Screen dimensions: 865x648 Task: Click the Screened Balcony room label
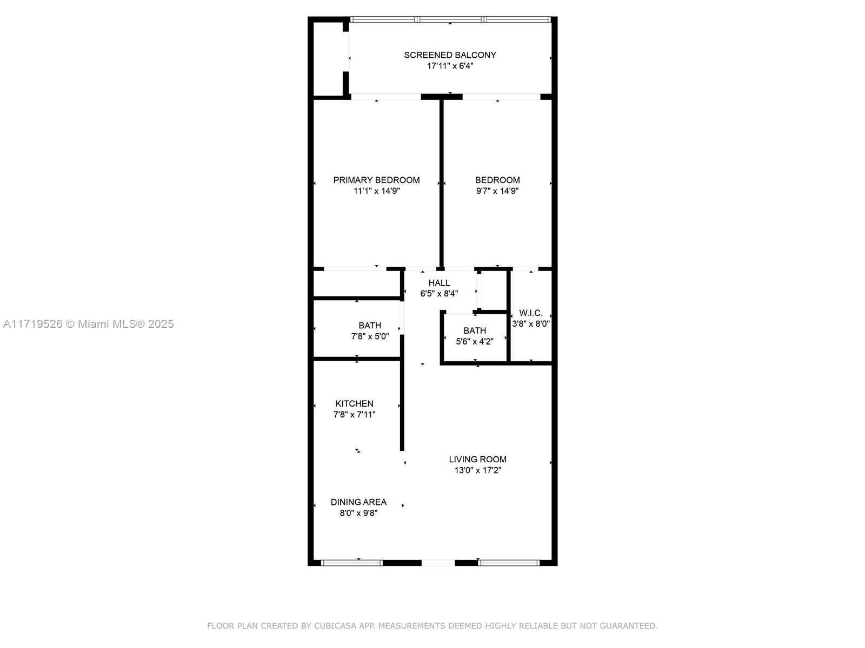tap(450, 55)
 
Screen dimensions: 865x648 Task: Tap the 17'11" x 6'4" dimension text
tap(450, 66)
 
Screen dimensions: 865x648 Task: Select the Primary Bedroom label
tap(376, 180)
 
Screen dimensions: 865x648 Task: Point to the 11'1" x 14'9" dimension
tap(376, 191)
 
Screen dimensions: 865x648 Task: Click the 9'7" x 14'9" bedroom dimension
tap(497, 191)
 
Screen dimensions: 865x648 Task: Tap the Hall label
tap(439, 283)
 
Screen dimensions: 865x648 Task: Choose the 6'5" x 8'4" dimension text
tap(439, 294)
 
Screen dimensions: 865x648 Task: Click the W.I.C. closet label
tap(531, 313)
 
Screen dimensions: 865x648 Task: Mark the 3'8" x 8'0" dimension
tap(531, 324)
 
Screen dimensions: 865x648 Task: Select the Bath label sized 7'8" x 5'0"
tap(370, 326)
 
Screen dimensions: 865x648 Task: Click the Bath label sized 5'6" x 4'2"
tap(475, 331)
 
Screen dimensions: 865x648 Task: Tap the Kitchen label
tap(354, 404)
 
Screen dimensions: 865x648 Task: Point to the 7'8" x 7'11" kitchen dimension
tap(354, 414)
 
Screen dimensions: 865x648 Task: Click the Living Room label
tap(477, 460)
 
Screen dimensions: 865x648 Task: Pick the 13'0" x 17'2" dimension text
tap(477, 470)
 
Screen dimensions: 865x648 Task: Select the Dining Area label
tap(358, 502)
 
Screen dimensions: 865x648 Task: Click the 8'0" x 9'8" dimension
tap(358, 513)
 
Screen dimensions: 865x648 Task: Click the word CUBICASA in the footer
tap(335, 626)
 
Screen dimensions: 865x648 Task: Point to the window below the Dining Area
tap(351, 563)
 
